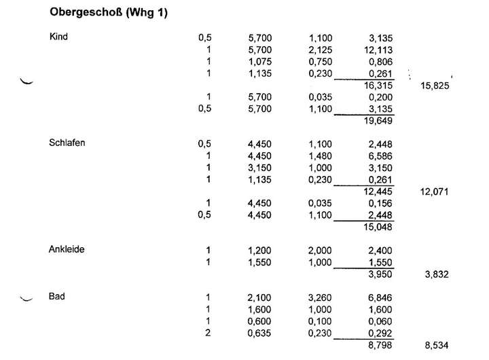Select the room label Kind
point(59,37)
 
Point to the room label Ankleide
point(66,249)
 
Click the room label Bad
point(56,297)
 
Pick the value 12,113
point(378,50)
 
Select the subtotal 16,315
point(378,86)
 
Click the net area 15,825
point(435,86)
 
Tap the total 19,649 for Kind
point(378,121)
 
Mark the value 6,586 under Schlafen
point(380,156)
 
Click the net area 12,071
point(435,192)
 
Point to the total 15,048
point(378,227)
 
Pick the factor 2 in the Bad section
point(209,333)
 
